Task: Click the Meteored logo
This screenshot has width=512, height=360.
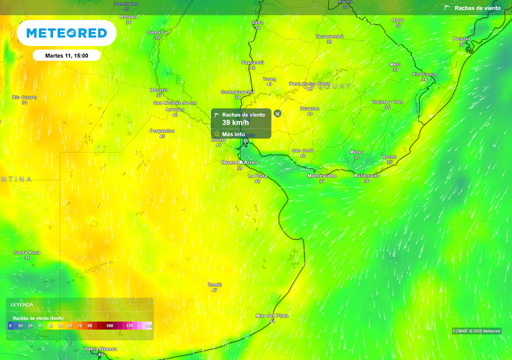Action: pyautogui.click(x=66, y=33)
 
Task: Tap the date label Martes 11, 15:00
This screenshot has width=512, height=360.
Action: pyautogui.click(x=66, y=55)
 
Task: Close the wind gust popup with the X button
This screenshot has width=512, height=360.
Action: pyautogui.click(x=277, y=113)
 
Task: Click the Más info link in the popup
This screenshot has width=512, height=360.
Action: pyautogui.click(x=233, y=134)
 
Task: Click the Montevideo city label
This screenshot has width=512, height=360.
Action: pyautogui.click(x=321, y=176)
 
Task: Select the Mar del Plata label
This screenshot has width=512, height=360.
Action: pyautogui.click(x=272, y=315)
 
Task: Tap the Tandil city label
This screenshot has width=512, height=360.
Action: pyautogui.click(x=214, y=284)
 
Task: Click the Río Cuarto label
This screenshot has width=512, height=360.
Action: pyautogui.click(x=25, y=97)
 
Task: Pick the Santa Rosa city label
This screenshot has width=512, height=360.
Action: pyautogui.click(x=27, y=252)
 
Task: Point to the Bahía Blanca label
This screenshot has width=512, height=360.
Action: pyautogui.click(x=100, y=349)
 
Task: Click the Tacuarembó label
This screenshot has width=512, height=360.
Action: pyautogui.click(x=329, y=36)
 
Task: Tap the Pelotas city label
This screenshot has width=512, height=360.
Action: pyautogui.click(x=461, y=39)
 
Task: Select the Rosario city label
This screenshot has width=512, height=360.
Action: pyautogui.click(x=159, y=90)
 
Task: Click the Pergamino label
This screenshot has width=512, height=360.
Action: pyautogui.click(x=162, y=130)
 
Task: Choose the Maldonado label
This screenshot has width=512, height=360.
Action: pyautogui.click(x=366, y=175)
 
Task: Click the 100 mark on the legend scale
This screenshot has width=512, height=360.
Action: pyautogui.click(x=109, y=326)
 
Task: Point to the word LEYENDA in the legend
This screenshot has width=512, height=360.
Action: pyautogui.click(x=22, y=304)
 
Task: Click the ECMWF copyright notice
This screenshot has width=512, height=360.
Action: pyautogui.click(x=476, y=331)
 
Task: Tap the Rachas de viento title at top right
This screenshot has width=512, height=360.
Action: pyautogui.click(x=477, y=8)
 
